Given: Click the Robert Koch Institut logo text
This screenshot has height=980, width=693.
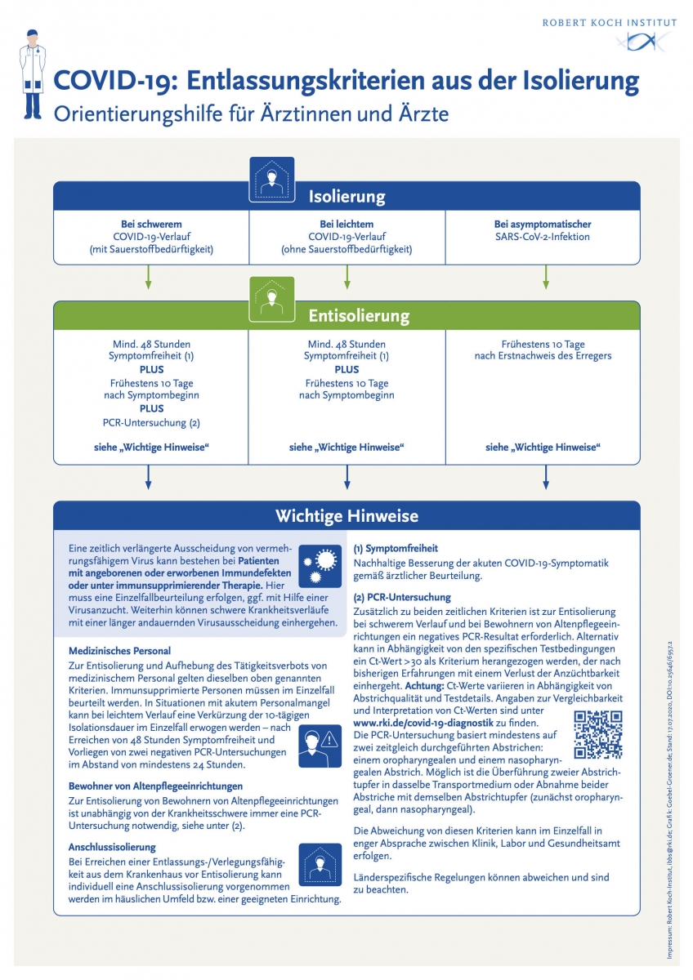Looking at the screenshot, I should click(x=609, y=23).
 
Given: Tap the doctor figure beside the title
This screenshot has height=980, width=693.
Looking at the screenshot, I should click(x=32, y=73).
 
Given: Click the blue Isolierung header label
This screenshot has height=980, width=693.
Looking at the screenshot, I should click(x=346, y=197).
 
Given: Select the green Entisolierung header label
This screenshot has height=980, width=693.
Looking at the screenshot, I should click(x=346, y=316).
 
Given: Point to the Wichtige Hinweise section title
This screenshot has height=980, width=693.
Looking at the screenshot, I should click(x=346, y=516).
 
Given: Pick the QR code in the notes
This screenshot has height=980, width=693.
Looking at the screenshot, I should click(x=598, y=735).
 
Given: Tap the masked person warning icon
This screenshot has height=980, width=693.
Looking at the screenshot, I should click(x=320, y=745).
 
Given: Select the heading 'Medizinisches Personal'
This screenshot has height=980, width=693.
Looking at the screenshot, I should click(x=119, y=651).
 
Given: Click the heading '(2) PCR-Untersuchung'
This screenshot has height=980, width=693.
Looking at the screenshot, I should click(x=401, y=597).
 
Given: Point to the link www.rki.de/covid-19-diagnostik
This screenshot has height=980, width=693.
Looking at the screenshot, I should click(x=423, y=723).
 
